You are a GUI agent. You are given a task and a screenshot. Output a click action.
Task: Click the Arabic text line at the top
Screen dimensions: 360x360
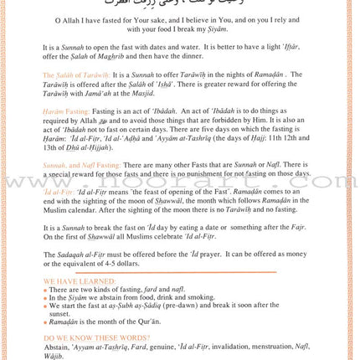180,8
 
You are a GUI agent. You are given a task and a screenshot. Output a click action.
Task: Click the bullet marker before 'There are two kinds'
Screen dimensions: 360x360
45,289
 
